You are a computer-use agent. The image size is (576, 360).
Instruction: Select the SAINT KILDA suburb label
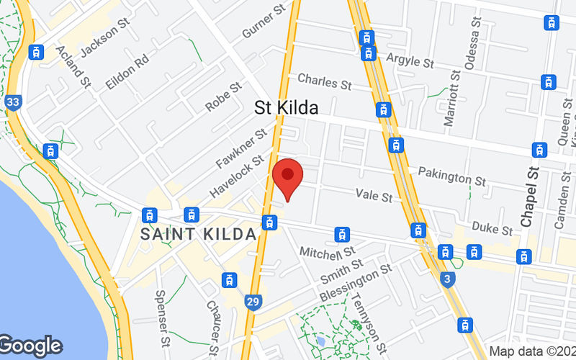[199, 234]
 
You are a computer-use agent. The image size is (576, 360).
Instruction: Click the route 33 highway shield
[12, 102]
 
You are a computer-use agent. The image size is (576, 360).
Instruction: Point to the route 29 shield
[251, 300]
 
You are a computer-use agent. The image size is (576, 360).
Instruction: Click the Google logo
[30, 346]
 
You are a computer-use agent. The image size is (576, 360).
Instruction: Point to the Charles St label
[324, 81]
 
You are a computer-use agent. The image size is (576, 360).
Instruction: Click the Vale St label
[374, 195]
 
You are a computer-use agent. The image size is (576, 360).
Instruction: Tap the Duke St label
[492, 228]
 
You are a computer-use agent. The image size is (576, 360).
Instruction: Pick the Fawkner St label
[241, 148]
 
